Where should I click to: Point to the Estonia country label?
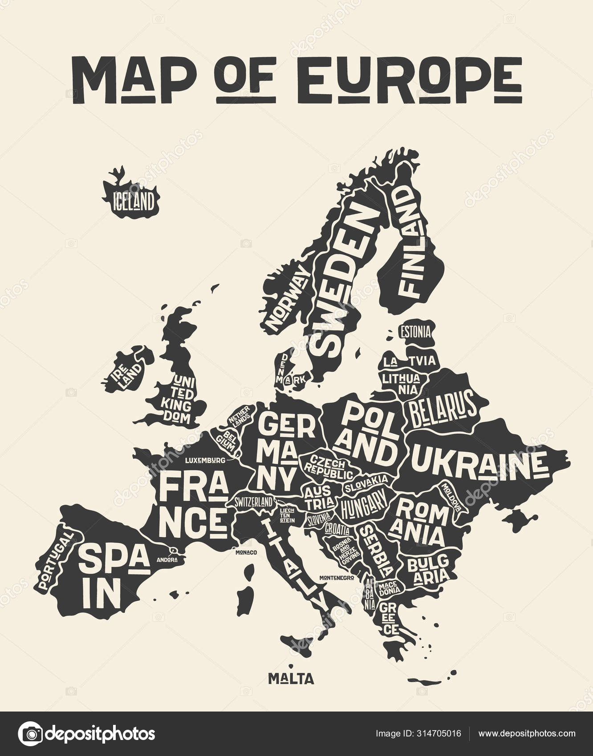(415, 331)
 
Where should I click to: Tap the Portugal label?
(56, 560)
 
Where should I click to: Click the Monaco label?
(247, 553)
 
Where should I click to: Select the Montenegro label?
(337, 578)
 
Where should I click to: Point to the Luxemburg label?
(205, 460)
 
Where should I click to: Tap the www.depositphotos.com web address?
(527, 733)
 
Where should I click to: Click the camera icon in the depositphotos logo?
(30, 733)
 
